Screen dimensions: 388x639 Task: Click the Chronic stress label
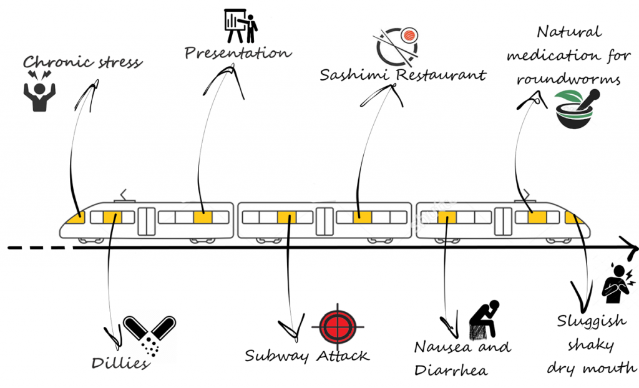[82, 62]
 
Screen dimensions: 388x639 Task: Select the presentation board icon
[241, 25]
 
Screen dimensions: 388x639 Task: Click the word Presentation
[238, 53]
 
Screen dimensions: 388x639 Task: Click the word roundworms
[568, 80]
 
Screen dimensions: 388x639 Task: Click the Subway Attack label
[306, 356]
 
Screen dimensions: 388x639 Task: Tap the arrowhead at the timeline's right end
[632, 249]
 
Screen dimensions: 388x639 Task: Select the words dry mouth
[592, 368]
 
